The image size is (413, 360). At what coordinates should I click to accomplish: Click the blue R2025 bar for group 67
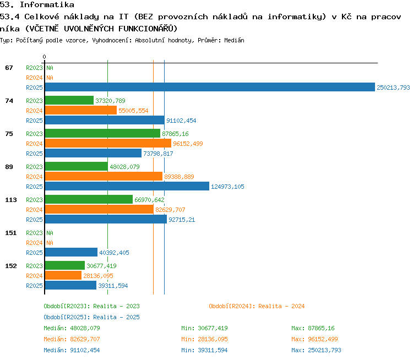coord(210,87)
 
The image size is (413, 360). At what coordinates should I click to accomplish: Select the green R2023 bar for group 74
coord(69,100)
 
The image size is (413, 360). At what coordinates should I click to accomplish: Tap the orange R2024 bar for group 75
coord(108,143)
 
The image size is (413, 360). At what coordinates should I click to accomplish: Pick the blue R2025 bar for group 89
coord(127,186)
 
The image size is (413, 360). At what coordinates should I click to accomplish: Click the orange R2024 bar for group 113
coord(99,209)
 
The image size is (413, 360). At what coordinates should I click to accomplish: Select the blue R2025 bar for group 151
coord(71,252)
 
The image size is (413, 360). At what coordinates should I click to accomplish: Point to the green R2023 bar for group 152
coord(65,265)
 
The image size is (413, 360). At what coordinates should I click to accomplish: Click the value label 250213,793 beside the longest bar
coord(393,88)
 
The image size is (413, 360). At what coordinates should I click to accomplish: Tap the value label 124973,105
coord(227,187)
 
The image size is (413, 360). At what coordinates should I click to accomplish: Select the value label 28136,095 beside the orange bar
coord(98,276)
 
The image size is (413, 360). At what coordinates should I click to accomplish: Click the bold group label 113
coord(11,200)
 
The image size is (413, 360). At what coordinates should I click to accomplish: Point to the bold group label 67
coord(9,68)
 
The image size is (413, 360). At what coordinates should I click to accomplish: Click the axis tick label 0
coord(44,57)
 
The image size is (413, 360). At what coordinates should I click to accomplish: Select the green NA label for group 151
coord(50,233)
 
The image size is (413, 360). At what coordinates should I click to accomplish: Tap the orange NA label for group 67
coord(50,78)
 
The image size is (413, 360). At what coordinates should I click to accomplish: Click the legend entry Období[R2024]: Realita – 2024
coord(257,306)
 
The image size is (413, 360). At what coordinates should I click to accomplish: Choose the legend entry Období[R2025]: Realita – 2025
coord(91,317)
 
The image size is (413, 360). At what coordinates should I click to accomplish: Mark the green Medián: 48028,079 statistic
coord(72,328)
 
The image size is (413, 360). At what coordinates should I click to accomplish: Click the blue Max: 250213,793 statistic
coord(316,350)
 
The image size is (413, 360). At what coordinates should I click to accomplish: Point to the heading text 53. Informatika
coord(37,4)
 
